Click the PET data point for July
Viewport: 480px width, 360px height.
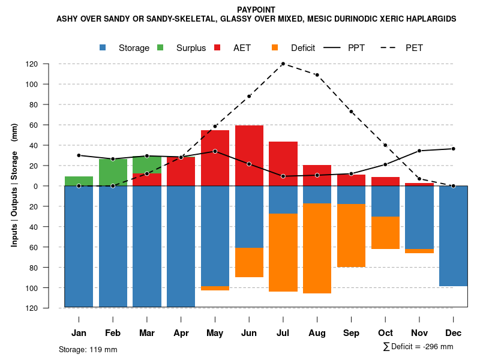click(283, 64)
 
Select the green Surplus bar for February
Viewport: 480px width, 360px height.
click(113, 172)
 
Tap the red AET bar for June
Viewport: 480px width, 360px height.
click(249, 155)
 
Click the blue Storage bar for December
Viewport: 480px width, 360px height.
click(453, 236)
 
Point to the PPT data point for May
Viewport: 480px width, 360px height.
click(215, 151)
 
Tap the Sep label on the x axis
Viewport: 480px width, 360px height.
click(351, 333)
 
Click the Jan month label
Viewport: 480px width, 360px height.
click(79, 333)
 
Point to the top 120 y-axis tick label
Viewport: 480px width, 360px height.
click(49, 64)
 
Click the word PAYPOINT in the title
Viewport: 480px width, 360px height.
click(256, 10)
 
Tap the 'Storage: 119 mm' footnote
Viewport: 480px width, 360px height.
click(88, 349)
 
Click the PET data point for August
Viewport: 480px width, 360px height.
click(317, 75)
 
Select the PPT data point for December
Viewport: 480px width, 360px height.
click(453, 149)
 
